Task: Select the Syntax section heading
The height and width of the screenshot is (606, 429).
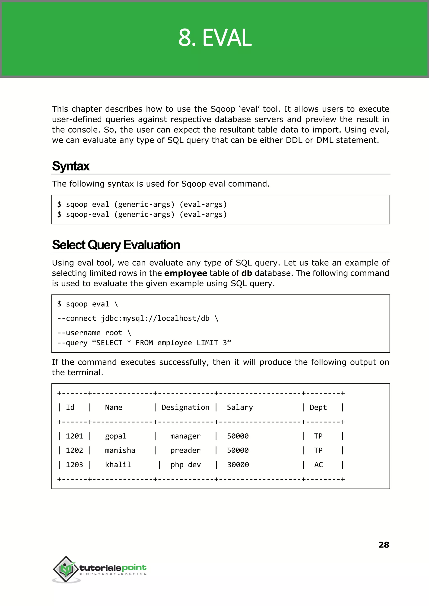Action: pyautogui.click(x=71, y=166)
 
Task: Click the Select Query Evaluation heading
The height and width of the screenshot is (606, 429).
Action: pyautogui.click(x=116, y=245)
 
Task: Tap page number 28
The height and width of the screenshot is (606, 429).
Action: pyautogui.click(x=384, y=544)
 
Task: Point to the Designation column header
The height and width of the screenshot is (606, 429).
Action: pyautogui.click(x=185, y=407)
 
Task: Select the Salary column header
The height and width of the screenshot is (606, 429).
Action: pyautogui.click(x=240, y=407)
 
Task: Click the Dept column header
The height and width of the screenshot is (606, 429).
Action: pyautogui.click(x=318, y=407)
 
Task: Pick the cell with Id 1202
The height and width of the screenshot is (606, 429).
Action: pyautogui.click(x=74, y=450)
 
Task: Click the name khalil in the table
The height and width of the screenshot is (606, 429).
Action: pyautogui.click(x=118, y=464)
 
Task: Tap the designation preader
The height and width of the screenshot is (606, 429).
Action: pyautogui.click(x=185, y=450)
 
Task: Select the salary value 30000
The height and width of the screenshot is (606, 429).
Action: pyautogui.click(x=238, y=464)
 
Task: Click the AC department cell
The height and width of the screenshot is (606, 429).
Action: pyautogui.click(x=318, y=464)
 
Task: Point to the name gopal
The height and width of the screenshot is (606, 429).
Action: pyautogui.click(x=116, y=436)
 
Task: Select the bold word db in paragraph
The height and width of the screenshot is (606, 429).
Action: pyautogui.click(x=247, y=273)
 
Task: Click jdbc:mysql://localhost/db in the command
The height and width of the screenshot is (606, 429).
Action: pyautogui.click(x=155, y=318)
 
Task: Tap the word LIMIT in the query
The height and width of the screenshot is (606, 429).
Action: pyautogui.click(x=207, y=343)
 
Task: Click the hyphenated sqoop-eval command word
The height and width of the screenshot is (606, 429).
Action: pyautogui.click(x=87, y=214)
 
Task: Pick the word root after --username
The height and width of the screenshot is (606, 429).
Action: pyautogui.click(x=114, y=333)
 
